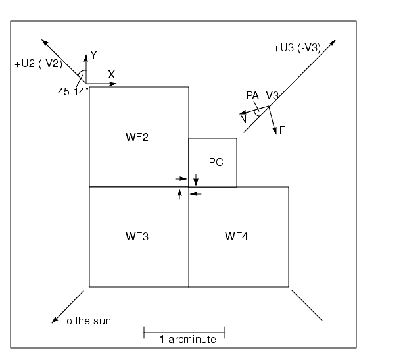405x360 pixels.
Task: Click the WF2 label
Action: coord(137,138)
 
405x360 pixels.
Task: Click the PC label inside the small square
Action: coord(216,162)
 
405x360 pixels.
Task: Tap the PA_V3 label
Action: coord(262,96)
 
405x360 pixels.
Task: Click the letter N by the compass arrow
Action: coord(243,119)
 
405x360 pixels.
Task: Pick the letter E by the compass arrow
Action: coord(283,131)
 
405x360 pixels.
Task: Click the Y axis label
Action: coord(93,55)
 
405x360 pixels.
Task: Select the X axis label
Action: coord(111,75)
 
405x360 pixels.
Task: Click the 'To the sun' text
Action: coord(85,321)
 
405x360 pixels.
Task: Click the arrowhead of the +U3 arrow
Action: coord(333,43)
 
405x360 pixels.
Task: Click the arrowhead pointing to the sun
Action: coord(55,321)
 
